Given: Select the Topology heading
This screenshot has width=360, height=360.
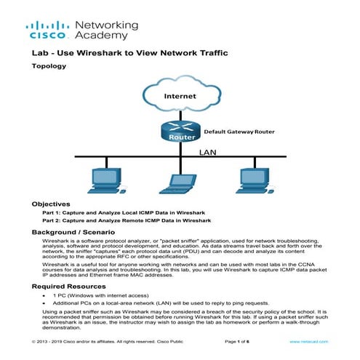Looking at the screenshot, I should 49,66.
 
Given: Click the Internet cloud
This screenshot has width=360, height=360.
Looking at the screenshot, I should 180,95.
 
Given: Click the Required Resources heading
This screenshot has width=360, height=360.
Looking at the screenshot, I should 71,286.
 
